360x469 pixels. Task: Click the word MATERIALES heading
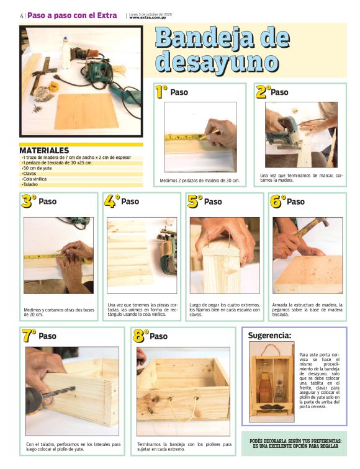click(x=44, y=151)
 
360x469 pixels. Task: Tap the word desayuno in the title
click(x=217, y=63)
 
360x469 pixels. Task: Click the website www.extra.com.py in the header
click(x=148, y=17)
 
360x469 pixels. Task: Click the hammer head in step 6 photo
click(x=322, y=222)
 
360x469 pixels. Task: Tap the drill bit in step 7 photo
click(x=59, y=392)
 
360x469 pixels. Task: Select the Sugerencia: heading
click(x=269, y=336)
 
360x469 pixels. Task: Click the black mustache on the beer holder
click(x=272, y=406)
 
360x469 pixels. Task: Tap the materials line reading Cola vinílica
click(x=34, y=179)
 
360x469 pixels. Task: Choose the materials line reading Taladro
click(x=30, y=184)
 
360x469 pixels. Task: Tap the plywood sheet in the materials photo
click(x=86, y=111)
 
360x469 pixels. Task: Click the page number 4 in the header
click(x=22, y=16)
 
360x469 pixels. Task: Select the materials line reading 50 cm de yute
click(x=37, y=168)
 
